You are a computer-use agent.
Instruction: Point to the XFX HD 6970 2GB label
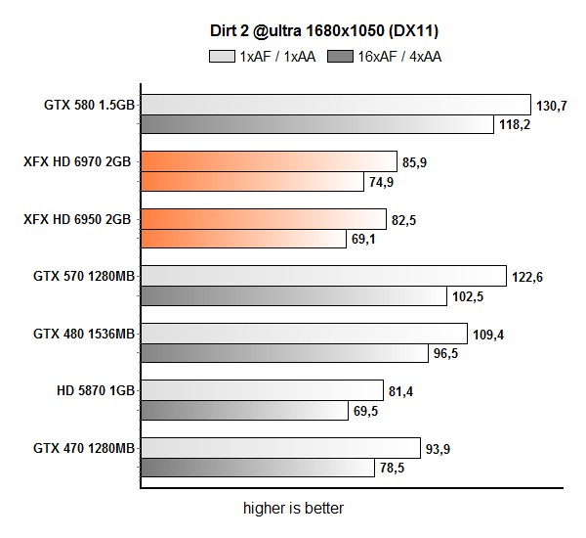pyautogui.click(x=77, y=161)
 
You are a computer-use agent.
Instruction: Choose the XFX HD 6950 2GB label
pyautogui.click(x=77, y=219)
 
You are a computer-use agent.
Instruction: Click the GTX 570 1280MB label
pyautogui.click(x=83, y=276)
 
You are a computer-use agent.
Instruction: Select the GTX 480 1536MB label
pyautogui.click(x=83, y=334)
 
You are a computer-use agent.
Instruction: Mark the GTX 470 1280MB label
pyautogui.click(x=83, y=448)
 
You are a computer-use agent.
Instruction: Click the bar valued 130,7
pyautogui.click(x=335, y=105)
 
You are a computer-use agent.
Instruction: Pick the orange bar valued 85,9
pyautogui.click(x=269, y=161)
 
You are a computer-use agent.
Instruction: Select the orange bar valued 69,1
pyautogui.click(x=243, y=238)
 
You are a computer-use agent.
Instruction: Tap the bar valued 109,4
pyautogui.click(x=304, y=334)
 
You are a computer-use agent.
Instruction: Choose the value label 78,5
pyautogui.click(x=393, y=469)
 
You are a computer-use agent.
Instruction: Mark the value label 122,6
pyautogui.click(x=526, y=278)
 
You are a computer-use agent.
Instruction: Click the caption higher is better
pyautogui.click(x=293, y=509)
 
